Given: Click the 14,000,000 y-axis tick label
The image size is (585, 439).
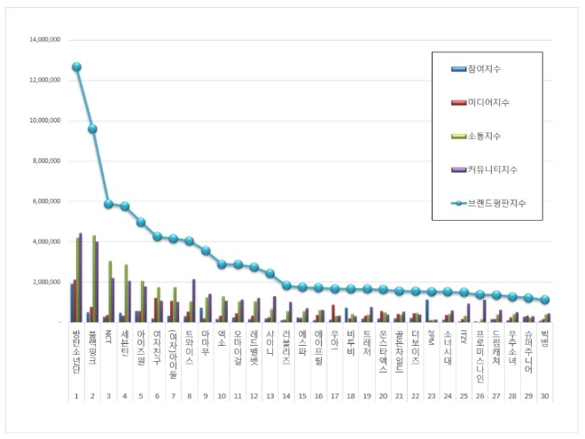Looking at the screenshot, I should click(45, 40).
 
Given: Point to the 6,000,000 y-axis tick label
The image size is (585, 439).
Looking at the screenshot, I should click(47, 201).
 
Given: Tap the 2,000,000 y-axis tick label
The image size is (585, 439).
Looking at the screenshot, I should click(47, 282).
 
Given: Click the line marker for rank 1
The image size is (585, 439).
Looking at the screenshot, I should click(77, 67).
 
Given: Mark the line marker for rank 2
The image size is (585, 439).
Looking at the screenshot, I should click(93, 129).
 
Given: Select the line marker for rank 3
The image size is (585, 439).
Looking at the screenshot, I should click(109, 203).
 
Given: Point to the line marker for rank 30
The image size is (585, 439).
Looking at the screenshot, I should click(545, 300).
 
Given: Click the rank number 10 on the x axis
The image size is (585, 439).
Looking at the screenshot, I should click(222, 396).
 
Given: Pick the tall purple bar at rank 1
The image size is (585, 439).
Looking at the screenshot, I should click(81, 278).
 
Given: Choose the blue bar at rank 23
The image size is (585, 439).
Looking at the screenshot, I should click(427, 310).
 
